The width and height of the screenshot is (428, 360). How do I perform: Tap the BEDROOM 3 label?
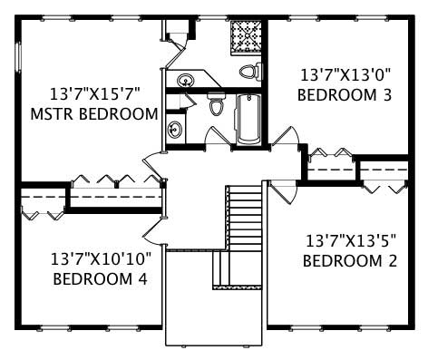345,93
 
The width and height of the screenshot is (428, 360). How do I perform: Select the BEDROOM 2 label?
350,261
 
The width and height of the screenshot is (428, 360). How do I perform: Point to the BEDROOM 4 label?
100,278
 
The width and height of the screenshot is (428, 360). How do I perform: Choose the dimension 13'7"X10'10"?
101,258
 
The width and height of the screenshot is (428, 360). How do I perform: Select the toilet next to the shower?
249,71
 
